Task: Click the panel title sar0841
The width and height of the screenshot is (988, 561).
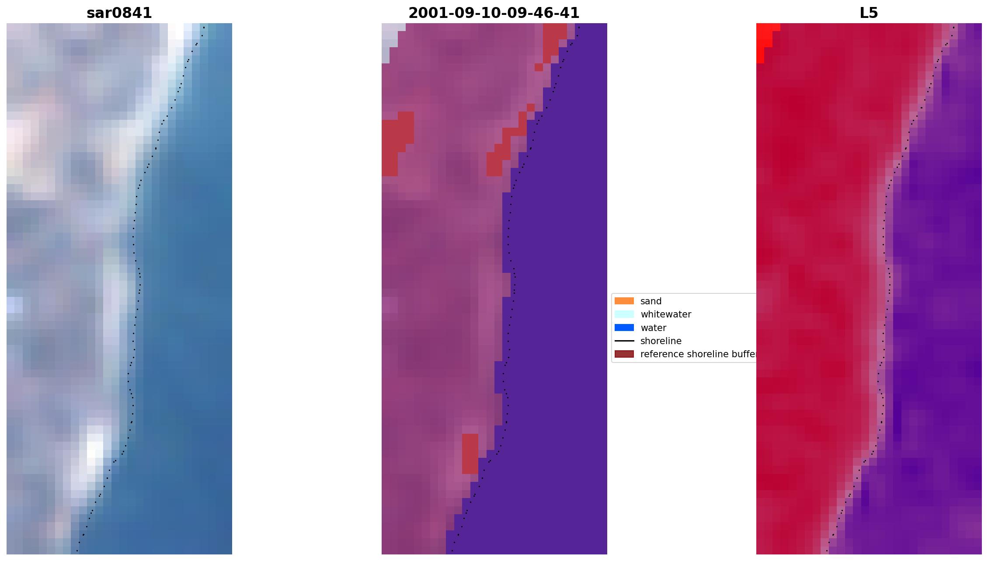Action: pos(119,13)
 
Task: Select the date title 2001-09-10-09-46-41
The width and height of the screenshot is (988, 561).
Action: pos(494,13)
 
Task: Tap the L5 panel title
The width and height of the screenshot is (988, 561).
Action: pos(868,13)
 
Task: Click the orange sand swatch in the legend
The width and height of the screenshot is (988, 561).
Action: pos(624,301)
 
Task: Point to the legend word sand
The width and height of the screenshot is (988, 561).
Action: pos(651,301)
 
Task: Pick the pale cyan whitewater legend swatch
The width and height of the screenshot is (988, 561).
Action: pos(624,314)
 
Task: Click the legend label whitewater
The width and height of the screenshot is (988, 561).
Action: pos(665,314)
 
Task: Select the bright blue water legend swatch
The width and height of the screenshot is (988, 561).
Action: pos(624,328)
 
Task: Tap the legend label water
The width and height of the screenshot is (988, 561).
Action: pos(653,328)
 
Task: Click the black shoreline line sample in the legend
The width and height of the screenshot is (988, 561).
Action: pos(624,341)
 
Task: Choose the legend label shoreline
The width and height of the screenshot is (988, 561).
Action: pos(661,341)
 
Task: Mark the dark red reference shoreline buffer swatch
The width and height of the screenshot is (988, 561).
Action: pos(624,354)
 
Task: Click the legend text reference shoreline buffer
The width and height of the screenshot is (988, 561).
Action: pos(698,354)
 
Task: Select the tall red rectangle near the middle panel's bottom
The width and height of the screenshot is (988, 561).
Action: pos(470,453)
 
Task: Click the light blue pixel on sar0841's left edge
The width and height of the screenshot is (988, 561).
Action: pos(14,305)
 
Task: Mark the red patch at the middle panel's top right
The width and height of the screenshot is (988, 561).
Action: pos(553,37)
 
